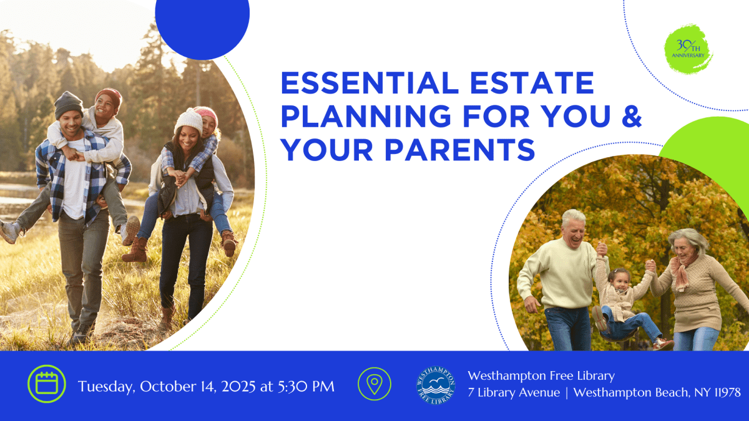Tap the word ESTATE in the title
click(533, 84)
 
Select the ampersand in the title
click(631, 117)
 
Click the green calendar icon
click(46, 384)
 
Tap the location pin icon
click(374, 384)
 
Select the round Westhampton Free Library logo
click(436, 384)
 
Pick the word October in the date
click(165, 387)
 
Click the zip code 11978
click(723, 392)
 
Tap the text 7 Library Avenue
click(514, 392)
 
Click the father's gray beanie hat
click(68, 104)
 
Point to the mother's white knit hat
click(188, 120)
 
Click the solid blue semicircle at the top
click(202, 25)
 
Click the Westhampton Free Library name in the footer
click(541, 375)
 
